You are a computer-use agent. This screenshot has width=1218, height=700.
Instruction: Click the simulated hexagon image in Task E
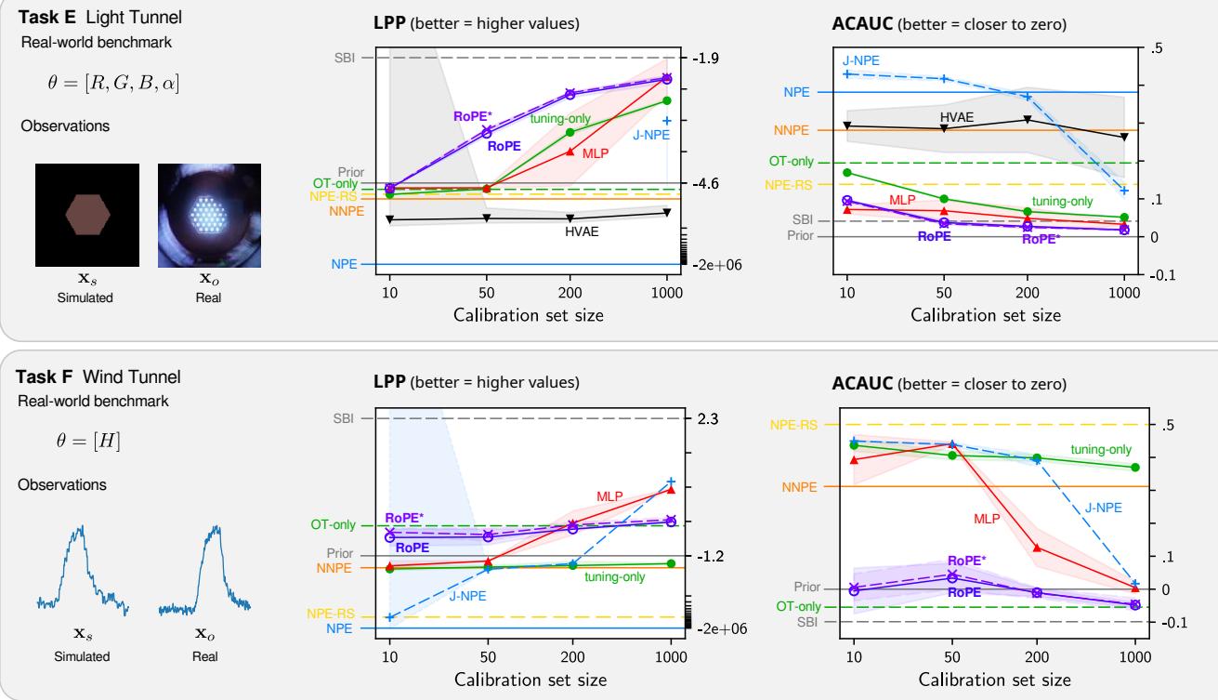click(x=87, y=216)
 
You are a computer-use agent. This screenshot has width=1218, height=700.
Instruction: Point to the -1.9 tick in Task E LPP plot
click(x=707, y=59)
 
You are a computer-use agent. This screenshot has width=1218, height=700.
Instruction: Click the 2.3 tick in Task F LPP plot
click(x=705, y=419)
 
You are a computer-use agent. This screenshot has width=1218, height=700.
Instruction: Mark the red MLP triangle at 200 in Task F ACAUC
click(x=1038, y=548)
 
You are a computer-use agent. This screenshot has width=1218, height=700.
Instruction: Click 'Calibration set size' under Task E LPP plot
click(x=528, y=314)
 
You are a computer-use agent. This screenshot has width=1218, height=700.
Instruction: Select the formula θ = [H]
click(x=88, y=438)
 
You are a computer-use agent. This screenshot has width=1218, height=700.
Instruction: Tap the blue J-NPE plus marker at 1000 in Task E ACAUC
click(x=1124, y=191)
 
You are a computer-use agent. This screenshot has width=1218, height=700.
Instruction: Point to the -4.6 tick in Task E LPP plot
click(x=707, y=184)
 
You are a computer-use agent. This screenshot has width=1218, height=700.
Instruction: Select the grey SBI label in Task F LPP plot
click(x=344, y=419)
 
